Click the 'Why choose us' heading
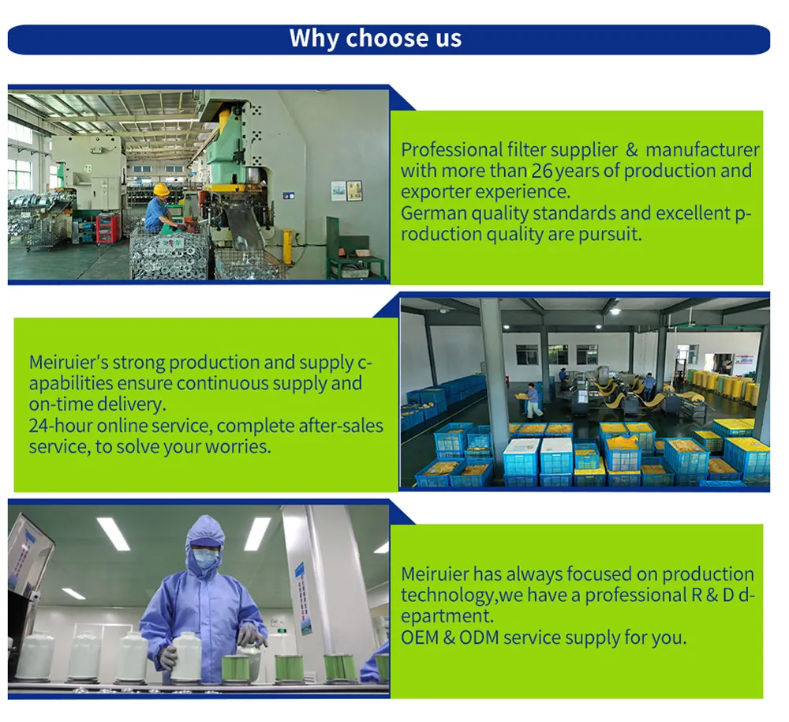376,39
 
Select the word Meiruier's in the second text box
68,363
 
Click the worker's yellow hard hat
161,190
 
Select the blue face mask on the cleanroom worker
205,559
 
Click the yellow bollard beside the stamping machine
287,246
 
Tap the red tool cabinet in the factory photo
107,228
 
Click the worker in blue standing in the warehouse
534,400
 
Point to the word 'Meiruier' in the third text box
435,574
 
